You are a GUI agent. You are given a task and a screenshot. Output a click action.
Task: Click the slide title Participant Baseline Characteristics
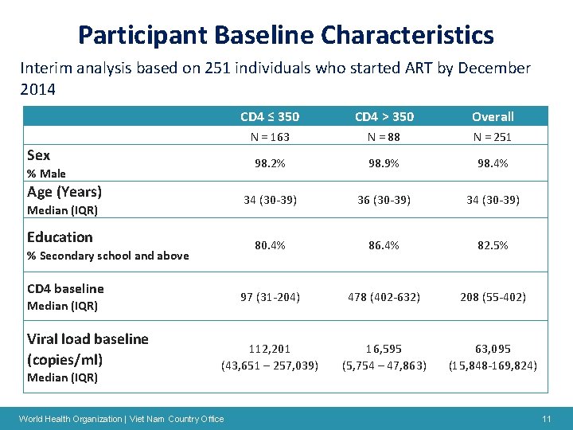tap(286, 35)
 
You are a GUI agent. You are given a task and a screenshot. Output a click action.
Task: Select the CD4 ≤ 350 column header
tap(270, 116)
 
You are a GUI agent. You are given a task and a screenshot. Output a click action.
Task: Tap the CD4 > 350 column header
tap(384, 116)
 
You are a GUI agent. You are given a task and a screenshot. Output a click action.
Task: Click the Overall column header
tap(493, 116)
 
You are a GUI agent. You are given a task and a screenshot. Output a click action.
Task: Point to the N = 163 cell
tap(270, 137)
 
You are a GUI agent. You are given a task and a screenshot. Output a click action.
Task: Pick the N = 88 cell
tap(384, 137)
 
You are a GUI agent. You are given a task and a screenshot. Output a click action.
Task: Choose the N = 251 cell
tap(493, 137)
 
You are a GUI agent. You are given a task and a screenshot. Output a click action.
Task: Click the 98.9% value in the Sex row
tap(384, 163)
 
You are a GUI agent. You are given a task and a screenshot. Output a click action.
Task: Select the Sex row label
tap(38, 155)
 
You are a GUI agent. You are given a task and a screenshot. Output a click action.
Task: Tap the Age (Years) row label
tap(64, 192)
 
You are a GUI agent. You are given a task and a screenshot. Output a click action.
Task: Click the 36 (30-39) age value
tap(384, 200)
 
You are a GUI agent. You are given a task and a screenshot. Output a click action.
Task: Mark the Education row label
tap(60, 237)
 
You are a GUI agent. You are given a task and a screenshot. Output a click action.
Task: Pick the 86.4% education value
tap(384, 245)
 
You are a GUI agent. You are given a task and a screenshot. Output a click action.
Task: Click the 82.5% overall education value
tap(493, 245)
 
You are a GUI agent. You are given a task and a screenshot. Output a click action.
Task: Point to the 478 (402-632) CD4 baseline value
tap(384, 297)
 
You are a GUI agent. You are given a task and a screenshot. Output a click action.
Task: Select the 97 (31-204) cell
tap(270, 297)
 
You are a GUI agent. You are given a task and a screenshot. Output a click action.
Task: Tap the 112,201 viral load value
tap(270, 349)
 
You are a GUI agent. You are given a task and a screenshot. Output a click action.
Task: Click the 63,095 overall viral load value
tap(493, 349)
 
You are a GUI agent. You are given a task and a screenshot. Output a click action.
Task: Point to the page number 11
tap(546, 419)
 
